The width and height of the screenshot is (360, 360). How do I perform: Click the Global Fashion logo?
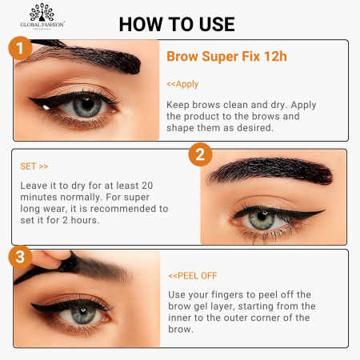[x=47, y=17]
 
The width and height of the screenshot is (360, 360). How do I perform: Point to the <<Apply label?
[x=182, y=84]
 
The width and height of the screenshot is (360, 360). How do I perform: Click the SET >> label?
[x=34, y=166]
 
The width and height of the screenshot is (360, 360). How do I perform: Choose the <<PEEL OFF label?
[x=192, y=275]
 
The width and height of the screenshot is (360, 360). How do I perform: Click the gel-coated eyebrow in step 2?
[x=268, y=171]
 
